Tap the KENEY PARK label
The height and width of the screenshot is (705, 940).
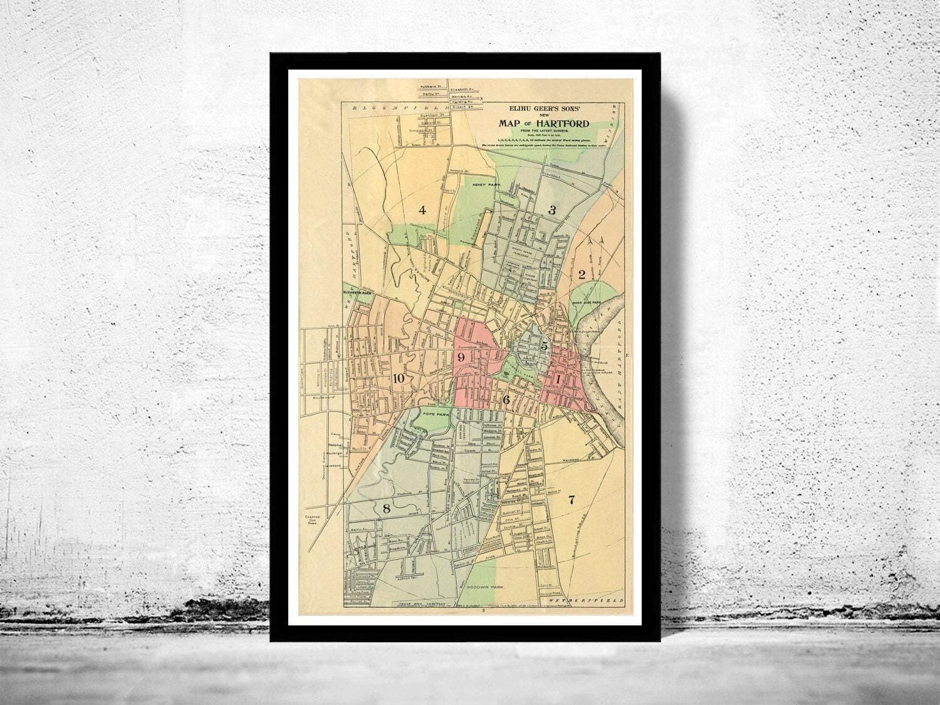coord(485,185)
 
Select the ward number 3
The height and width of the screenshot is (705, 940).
coord(552,211)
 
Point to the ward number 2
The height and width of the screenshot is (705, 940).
coord(582,273)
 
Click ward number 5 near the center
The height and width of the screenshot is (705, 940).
coord(545,346)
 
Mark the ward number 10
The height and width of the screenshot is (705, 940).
coord(399,378)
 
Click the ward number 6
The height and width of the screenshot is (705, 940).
coord(506,400)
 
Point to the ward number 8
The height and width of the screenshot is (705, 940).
coord(387,509)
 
